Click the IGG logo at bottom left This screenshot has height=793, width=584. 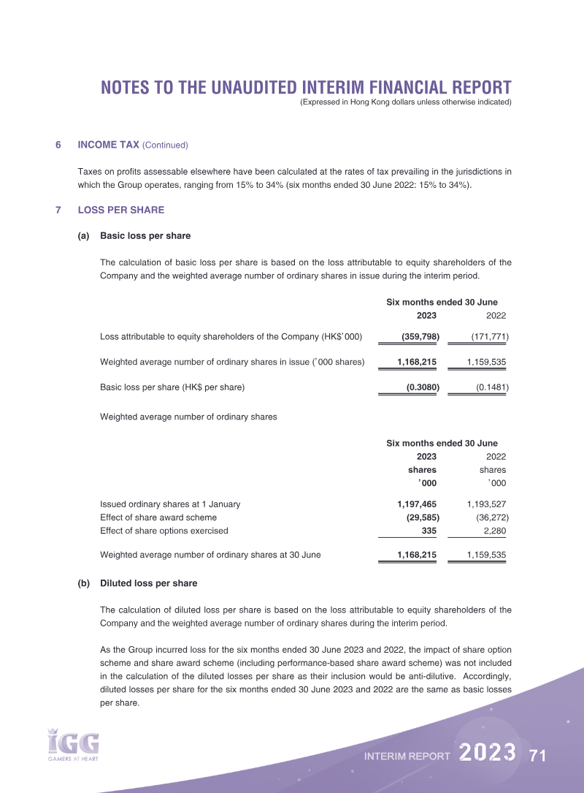point(72,744)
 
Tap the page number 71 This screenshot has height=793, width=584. point(538,755)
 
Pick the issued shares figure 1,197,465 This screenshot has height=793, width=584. point(417,504)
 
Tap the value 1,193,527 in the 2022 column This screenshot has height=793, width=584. point(486,504)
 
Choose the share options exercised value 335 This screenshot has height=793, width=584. point(429,531)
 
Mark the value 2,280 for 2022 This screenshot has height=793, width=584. point(494,531)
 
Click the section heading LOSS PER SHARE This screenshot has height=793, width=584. point(120,210)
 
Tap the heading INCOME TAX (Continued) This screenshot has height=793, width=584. point(133,145)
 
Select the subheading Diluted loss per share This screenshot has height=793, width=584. point(148,583)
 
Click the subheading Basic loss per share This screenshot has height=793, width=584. point(145,236)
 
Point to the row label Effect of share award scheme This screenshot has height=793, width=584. point(158,517)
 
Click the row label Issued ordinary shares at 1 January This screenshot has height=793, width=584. point(170,504)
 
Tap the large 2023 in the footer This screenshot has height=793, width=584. point(488,753)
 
